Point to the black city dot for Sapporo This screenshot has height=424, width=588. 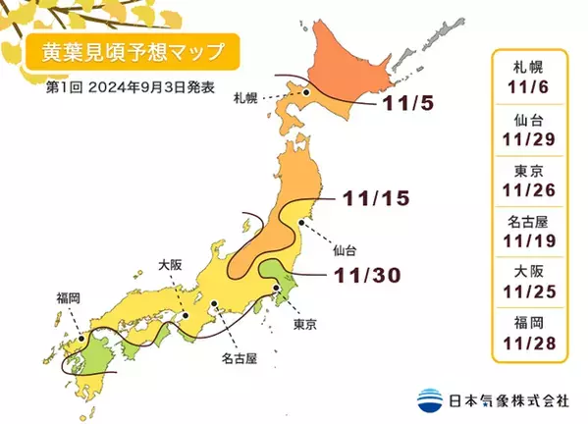(x=306, y=93)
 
